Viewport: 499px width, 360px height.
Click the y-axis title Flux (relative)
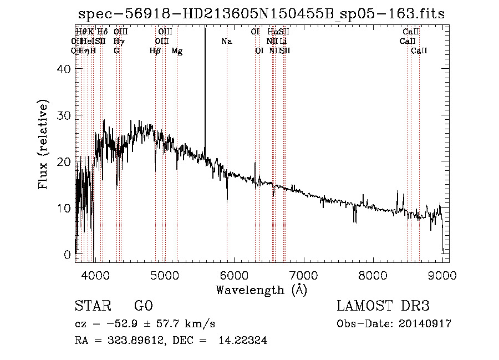pos(43,144)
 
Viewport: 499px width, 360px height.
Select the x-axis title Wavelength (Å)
pos(261,290)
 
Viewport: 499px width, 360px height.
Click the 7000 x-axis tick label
pos(303,276)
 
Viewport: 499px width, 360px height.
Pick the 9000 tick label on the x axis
pos(442,276)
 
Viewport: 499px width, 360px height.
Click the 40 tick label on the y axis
pos(63,69)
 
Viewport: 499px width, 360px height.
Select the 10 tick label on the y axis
pos(63,208)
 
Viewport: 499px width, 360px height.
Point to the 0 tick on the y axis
pos(67,255)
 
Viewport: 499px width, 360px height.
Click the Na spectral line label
pos(226,41)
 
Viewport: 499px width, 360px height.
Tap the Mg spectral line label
pos(177,51)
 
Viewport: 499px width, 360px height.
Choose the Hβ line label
pos(155,51)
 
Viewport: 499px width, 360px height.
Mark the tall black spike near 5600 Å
pos(205,83)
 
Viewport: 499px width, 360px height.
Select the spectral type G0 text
pos(143,306)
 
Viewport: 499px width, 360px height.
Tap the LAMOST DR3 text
pos(383,306)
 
